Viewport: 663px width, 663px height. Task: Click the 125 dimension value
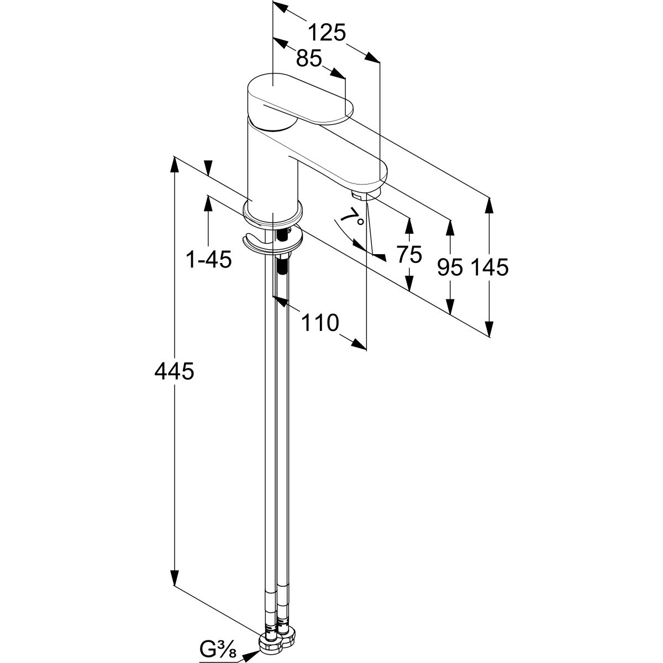tap(327, 33)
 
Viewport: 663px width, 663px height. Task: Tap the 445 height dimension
tap(174, 372)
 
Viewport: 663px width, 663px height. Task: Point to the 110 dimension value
tap(319, 322)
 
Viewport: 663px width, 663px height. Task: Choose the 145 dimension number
tap(490, 267)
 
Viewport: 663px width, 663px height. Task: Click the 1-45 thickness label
tap(208, 260)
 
